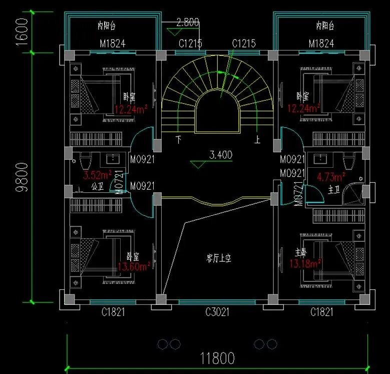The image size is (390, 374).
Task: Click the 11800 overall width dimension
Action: coord(217,359)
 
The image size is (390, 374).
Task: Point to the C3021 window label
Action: coord(217,312)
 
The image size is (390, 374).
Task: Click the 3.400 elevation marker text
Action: coord(220,155)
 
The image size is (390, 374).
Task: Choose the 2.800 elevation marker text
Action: coord(188,22)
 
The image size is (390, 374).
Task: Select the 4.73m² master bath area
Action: coord(331,177)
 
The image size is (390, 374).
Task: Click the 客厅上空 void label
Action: coord(219,258)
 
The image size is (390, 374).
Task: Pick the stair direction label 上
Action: coord(257,140)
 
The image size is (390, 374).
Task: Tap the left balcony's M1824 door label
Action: coord(112,44)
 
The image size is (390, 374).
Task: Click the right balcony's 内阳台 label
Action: coord(325,26)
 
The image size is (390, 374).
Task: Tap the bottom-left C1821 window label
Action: coord(113,312)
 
